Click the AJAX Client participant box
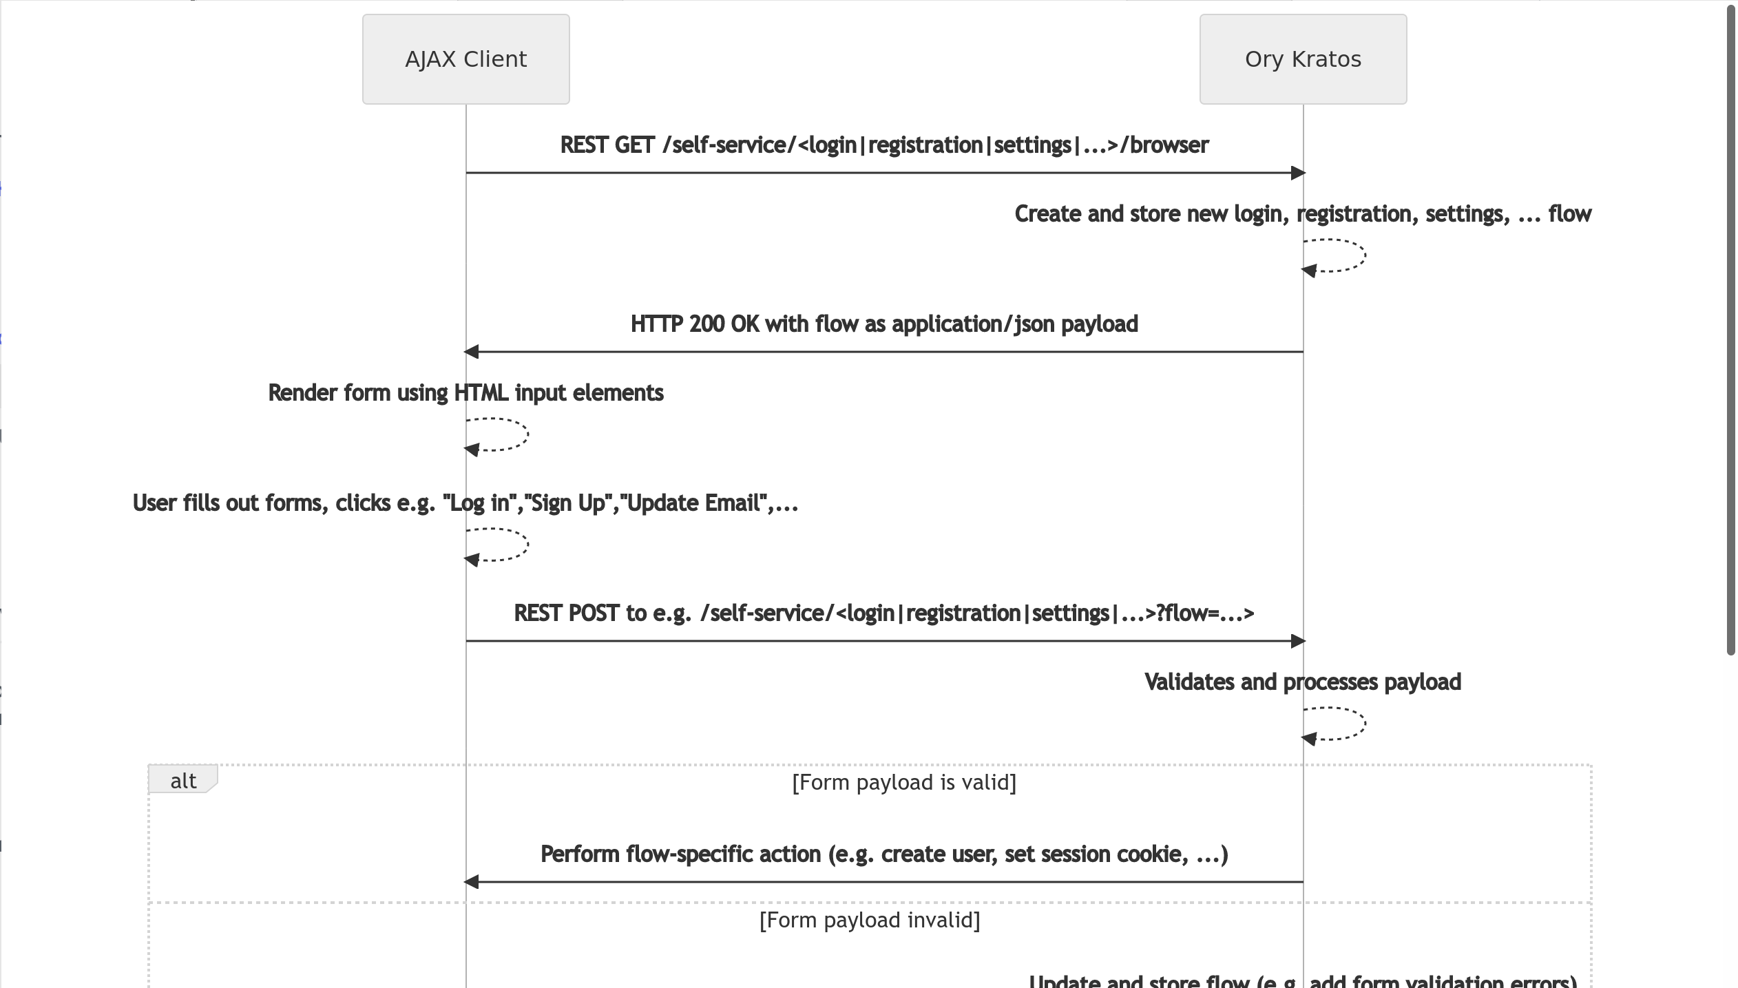(465, 59)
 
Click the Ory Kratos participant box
(1303, 59)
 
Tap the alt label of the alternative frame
(182, 781)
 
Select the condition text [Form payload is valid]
(903, 782)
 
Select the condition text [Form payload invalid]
(869, 920)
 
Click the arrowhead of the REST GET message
(1297, 173)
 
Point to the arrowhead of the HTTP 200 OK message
(472, 352)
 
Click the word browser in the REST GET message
(1169, 145)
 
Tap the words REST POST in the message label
(566, 613)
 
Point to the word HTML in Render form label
(481, 393)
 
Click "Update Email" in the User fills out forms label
(693, 503)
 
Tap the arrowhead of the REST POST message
(1297, 641)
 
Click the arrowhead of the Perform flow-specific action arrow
(472, 882)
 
